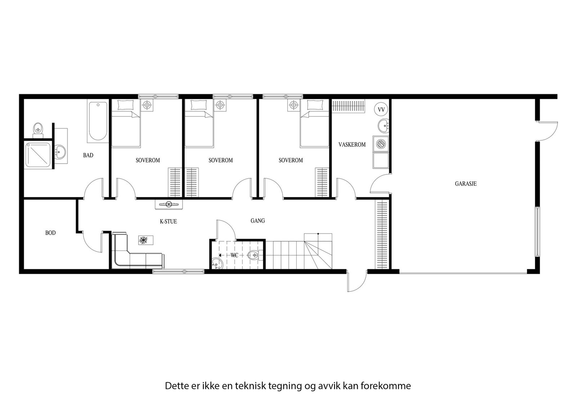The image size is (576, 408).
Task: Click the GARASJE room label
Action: click(465, 184)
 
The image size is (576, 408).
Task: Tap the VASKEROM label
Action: click(352, 145)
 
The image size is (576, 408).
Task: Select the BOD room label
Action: click(50, 233)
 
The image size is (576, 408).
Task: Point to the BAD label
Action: click(88, 155)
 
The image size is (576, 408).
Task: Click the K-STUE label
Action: click(168, 221)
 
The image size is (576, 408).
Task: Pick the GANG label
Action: click(258, 221)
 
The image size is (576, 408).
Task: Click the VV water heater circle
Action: click(381, 109)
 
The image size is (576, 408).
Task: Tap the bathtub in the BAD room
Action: click(98, 121)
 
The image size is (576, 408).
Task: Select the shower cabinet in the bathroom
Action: click(39, 155)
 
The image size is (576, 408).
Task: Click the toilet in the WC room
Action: click(254, 255)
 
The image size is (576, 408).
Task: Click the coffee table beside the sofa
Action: click(145, 240)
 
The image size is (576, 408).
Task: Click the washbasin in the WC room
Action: click(217, 264)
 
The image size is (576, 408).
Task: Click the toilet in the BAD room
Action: click(38, 129)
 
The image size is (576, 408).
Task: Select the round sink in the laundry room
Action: click(383, 126)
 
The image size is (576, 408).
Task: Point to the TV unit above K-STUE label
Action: click(168, 204)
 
